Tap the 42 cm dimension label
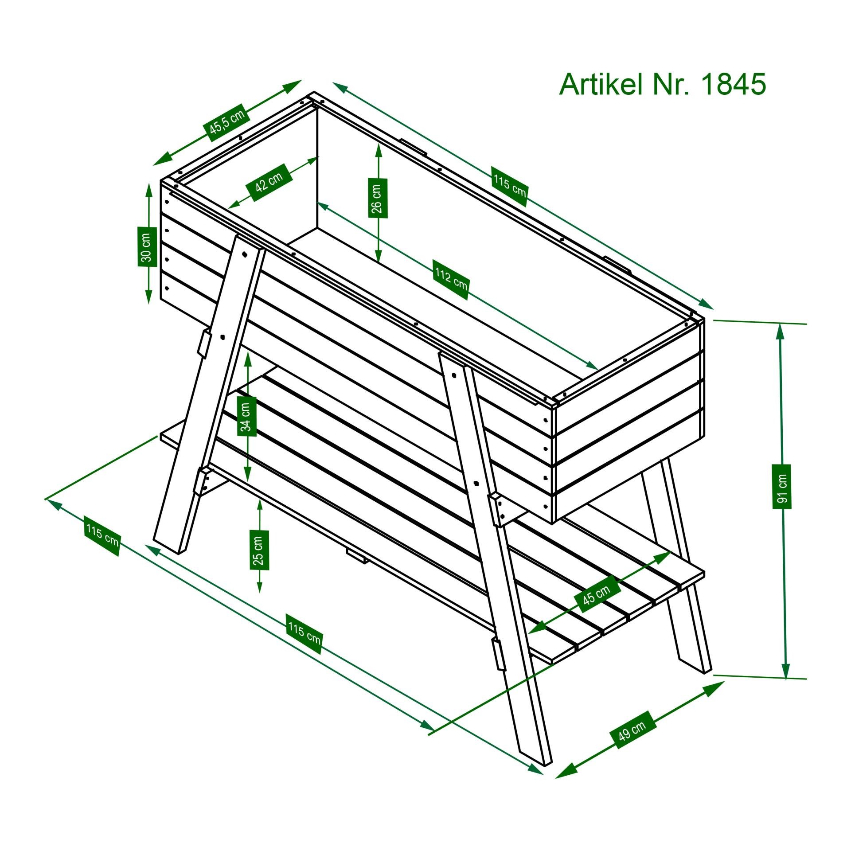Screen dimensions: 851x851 269,182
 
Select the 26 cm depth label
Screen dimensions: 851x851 378,198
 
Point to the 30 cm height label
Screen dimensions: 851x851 148,246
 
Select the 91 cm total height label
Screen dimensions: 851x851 782,486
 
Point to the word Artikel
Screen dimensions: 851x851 601,84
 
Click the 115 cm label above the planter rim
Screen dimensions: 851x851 509,187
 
